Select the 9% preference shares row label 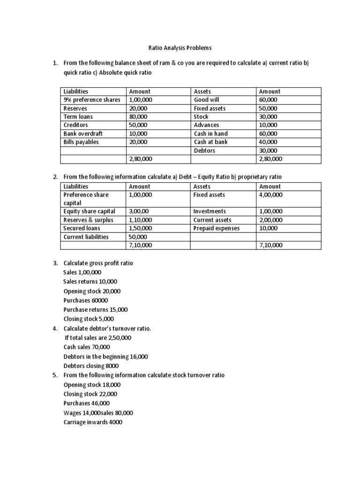click(92, 100)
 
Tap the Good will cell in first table click(206, 100)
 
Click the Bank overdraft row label click(83, 134)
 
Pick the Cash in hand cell click(210, 134)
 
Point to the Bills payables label click(81, 142)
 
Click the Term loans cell click(78, 117)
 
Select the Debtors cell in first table click(204, 150)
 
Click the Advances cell click(206, 125)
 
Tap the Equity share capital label click(89, 211)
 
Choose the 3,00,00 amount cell click(140, 211)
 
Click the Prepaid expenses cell click(216, 228)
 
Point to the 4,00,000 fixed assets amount click(271, 195)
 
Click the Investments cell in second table click(210, 211)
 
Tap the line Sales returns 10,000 click(90, 282)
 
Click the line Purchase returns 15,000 click(95, 310)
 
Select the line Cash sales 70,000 click(87, 347)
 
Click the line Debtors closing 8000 click(91, 366)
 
